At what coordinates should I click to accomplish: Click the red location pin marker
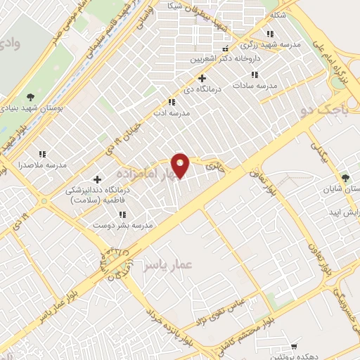(x=181, y=165)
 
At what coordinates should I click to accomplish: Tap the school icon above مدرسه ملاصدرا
(x=42, y=153)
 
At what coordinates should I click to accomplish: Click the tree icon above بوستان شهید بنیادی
(x=30, y=97)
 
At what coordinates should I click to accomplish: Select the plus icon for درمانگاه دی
(x=202, y=78)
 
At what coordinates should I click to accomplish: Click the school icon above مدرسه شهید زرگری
(x=269, y=33)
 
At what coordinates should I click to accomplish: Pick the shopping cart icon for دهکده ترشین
(x=294, y=347)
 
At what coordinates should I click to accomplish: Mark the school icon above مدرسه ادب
(x=161, y=102)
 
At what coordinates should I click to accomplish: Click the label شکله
(x=277, y=14)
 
